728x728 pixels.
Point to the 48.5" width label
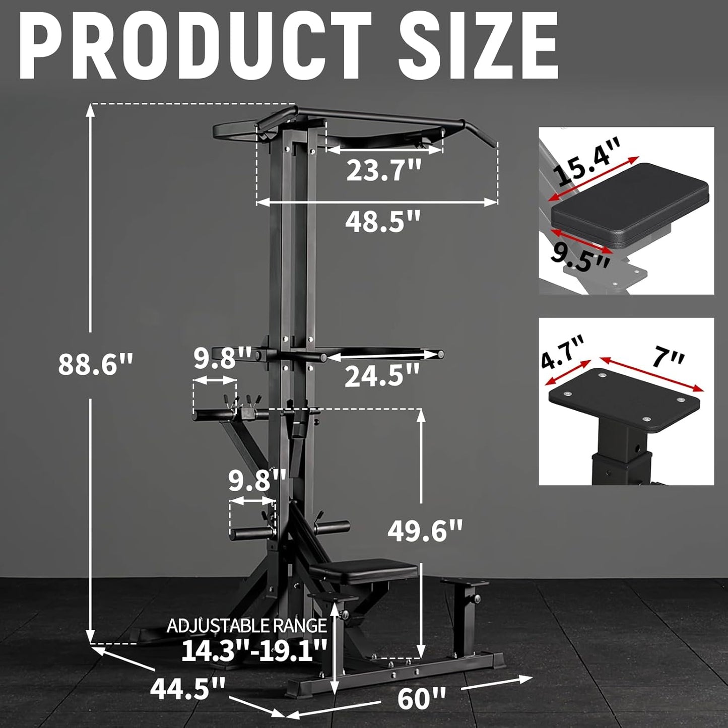pyautogui.click(x=382, y=221)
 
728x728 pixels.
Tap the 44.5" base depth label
pyautogui.click(x=187, y=689)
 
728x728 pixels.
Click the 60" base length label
pyautogui.click(x=422, y=698)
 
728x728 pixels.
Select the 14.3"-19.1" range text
pyautogui.click(x=254, y=650)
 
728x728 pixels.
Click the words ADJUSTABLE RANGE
pyautogui.click(x=246, y=626)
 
